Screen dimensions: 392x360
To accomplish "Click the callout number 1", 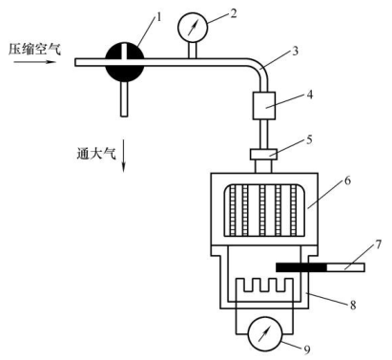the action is tap(158, 17).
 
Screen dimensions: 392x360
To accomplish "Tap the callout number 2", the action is tap(234, 13).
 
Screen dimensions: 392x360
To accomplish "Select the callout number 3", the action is tap(295, 51).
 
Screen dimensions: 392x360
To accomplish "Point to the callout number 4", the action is tap(309, 95).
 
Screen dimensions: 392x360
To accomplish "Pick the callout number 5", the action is tap(309, 139).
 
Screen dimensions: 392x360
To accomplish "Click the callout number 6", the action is tap(347, 180).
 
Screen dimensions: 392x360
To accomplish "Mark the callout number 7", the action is tap(378, 244).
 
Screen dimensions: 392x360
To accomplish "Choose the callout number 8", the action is tap(353, 305).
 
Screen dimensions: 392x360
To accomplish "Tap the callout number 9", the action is tap(306, 349).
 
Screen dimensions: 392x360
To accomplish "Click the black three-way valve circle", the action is tap(125, 63).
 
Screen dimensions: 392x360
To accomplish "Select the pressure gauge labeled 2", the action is tap(193, 26).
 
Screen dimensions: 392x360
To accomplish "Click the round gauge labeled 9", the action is tap(265, 334).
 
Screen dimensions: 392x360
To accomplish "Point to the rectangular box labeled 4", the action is tap(264, 106).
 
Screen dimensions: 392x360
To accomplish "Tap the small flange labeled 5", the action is tap(263, 155).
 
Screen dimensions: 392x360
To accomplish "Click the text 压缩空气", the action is tap(34, 50).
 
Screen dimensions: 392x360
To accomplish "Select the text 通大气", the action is tap(96, 154).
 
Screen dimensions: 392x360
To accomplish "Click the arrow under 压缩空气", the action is tap(34, 62).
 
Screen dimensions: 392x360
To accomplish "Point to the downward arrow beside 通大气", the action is tap(124, 155).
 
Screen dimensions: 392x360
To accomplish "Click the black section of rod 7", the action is tap(301, 267).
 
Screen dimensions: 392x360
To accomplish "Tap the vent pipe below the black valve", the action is tap(124, 99).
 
